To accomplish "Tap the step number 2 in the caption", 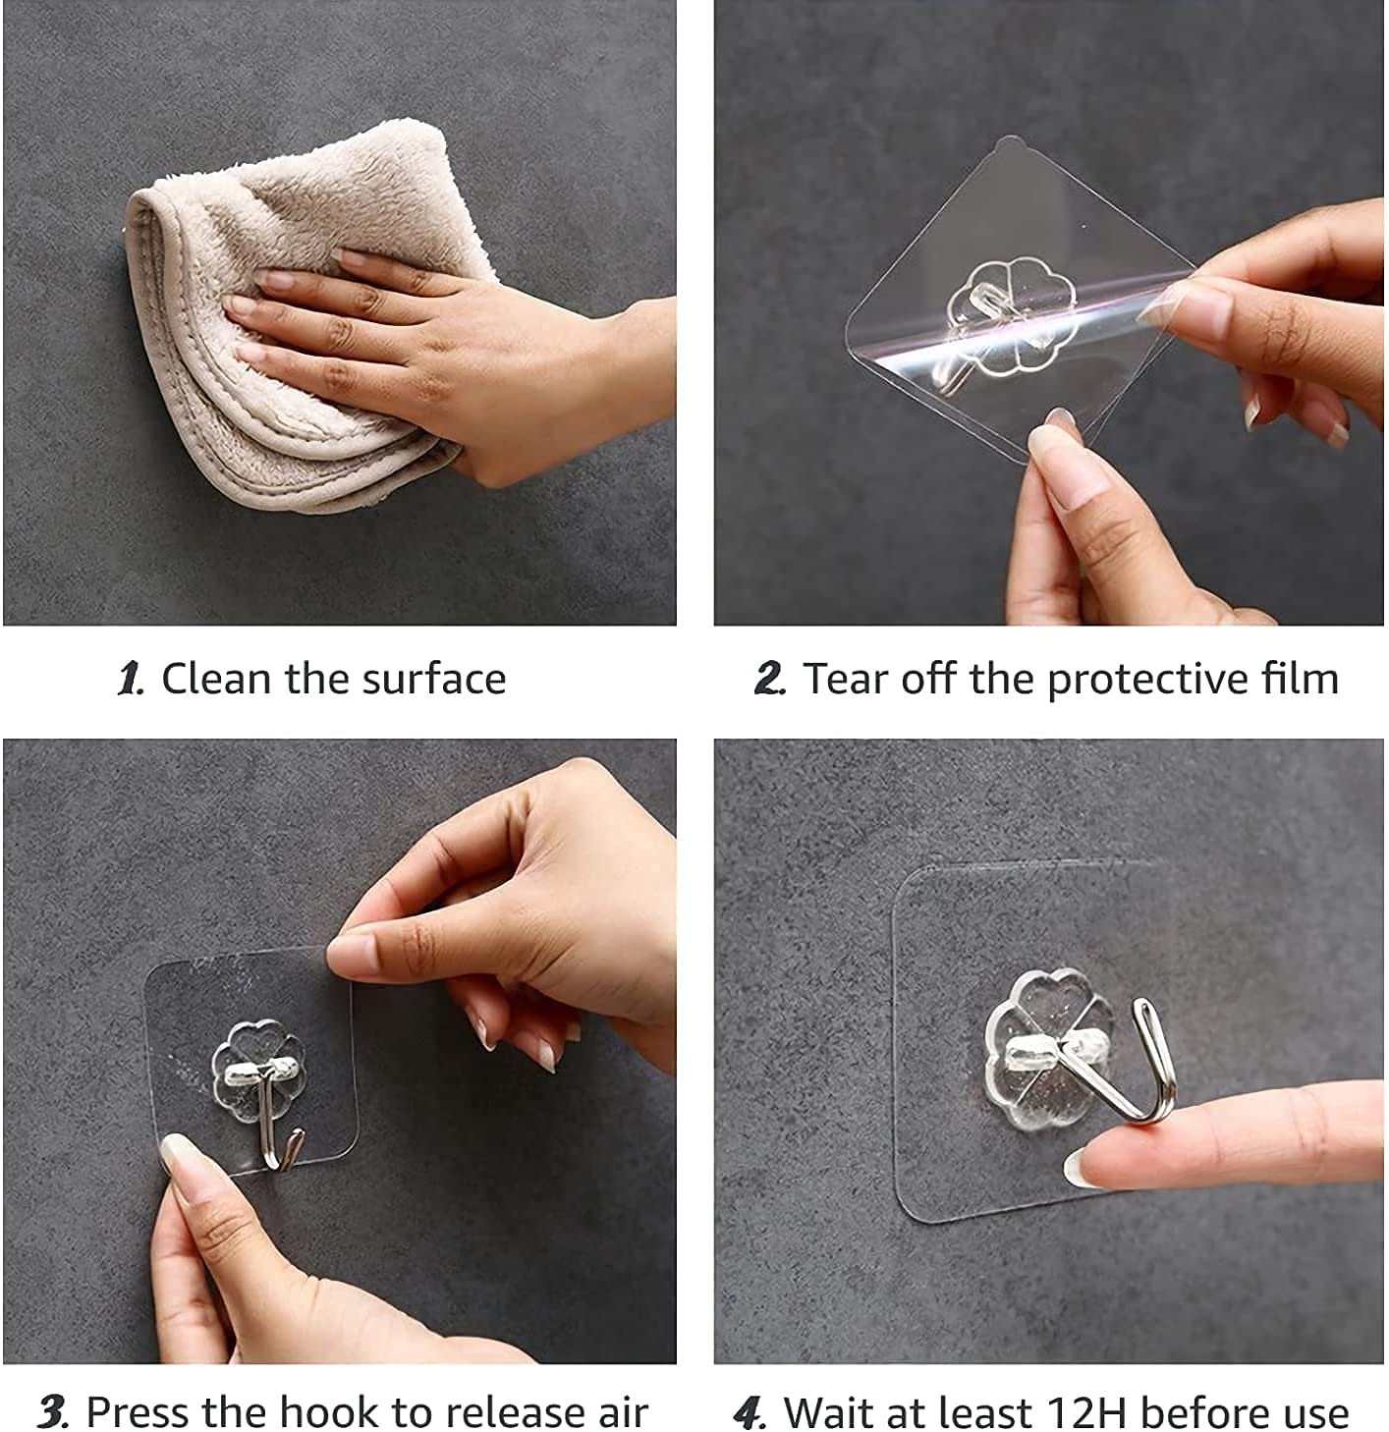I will coord(770,680).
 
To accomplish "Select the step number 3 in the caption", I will coord(53,1412).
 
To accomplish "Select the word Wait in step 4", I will coord(830,1413).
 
